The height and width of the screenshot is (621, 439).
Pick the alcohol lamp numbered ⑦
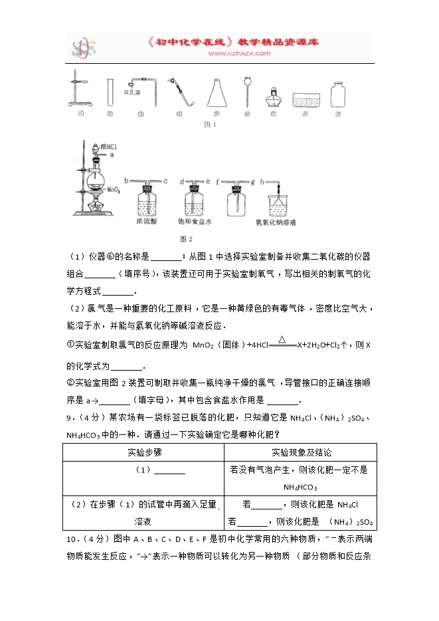click(x=273, y=98)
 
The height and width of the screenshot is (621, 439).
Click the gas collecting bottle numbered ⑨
click(x=338, y=94)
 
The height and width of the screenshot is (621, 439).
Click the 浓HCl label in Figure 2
click(x=109, y=146)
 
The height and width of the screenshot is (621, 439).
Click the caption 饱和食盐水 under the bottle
click(x=195, y=221)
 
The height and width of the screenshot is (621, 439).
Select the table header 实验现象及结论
click(x=301, y=452)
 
